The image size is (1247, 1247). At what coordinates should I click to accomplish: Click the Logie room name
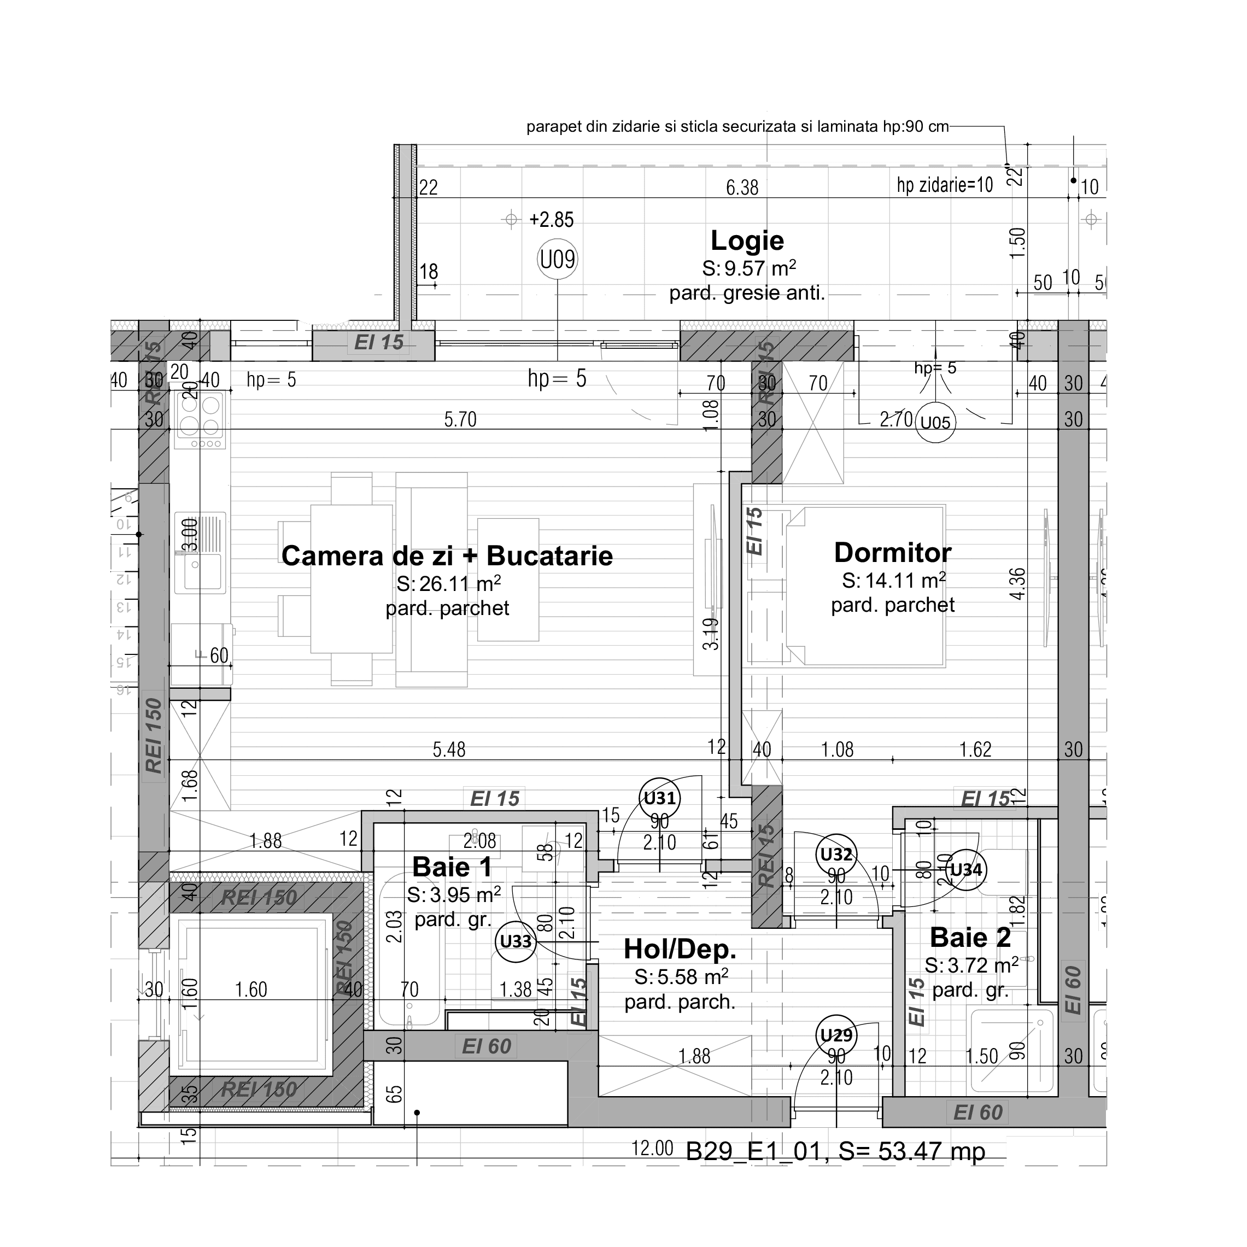point(747,241)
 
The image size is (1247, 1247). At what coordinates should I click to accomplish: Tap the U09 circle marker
point(557,260)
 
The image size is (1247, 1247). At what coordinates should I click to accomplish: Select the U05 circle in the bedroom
point(935,423)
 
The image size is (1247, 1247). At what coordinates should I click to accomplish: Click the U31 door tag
point(660,798)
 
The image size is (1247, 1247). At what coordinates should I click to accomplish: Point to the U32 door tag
point(836,854)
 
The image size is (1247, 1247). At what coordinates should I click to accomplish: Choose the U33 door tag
point(515,941)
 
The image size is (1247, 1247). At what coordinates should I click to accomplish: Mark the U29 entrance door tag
point(836,1035)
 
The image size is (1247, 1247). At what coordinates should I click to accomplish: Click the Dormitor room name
point(892,553)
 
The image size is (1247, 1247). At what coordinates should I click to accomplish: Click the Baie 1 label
point(452,867)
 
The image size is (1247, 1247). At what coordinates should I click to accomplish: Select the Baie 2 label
point(970,938)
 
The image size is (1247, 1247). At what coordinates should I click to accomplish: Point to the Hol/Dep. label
point(680,950)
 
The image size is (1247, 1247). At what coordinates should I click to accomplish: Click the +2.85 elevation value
point(551,220)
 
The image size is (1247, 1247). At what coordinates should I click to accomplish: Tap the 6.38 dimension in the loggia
point(742,188)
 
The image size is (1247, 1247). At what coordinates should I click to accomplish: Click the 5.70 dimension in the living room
point(460,419)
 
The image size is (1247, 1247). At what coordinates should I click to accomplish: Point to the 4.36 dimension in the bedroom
point(1017,583)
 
